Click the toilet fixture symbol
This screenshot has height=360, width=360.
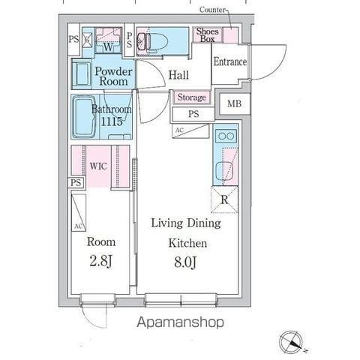click(x=145, y=41)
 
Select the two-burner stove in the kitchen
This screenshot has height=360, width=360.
click(x=226, y=136)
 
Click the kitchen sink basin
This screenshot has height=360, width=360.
click(x=224, y=172)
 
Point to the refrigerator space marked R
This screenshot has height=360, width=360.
click(x=224, y=199)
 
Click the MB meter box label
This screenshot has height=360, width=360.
click(x=234, y=103)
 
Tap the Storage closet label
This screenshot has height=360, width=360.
click(x=192, y=97)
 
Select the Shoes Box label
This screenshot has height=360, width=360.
click(x=208, y=35)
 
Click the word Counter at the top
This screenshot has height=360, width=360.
click(x=212, y=10)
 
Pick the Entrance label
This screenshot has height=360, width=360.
click(x=230, y=61)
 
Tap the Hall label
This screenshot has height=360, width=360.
click(x=178, y=75)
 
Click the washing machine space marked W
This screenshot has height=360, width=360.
click(x=108, y=40)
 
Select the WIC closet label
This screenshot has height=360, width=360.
click(x=98, y=166)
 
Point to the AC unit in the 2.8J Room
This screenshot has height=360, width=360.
click(x=79, y=213)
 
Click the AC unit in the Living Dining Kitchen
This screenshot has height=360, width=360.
click(x=190, y=130)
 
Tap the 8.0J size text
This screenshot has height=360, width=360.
click(x=185, y=262)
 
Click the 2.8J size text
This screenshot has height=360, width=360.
click(x=100, y=261)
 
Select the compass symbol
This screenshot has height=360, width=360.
click(x=292, y=342)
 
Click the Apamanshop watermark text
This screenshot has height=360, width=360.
click(x=180, y=322)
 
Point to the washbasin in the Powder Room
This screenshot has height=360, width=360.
click(x=82, y=74)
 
